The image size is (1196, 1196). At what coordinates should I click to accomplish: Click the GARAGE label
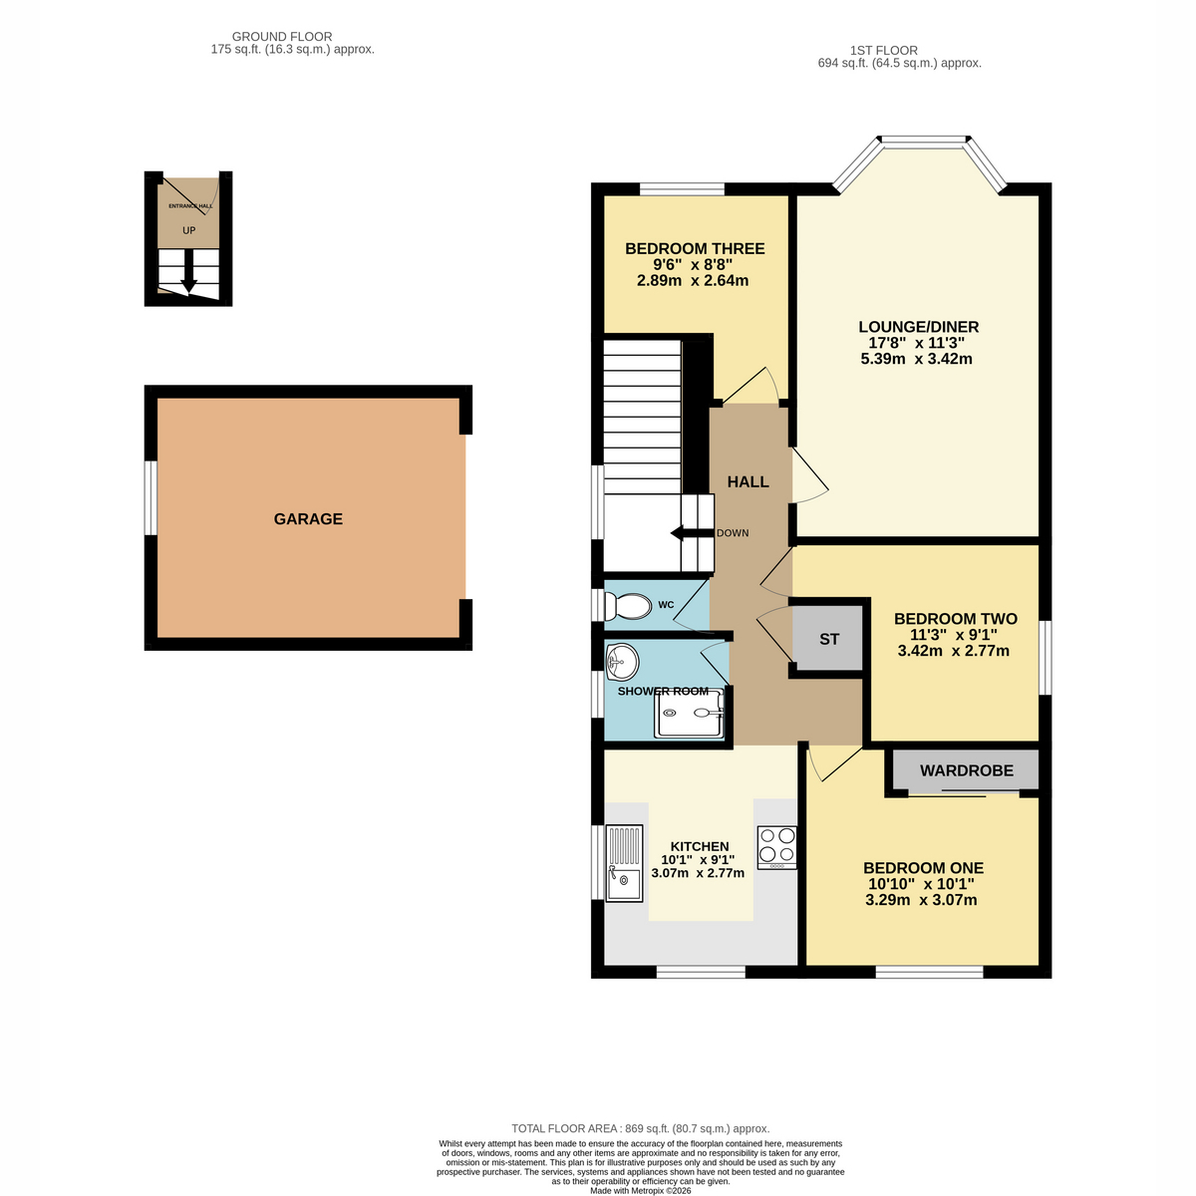click(x=308, y=519)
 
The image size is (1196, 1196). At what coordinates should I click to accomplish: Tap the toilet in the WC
click(x=628, y=606)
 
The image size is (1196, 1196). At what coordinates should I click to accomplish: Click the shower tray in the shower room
click(x=689, y=713)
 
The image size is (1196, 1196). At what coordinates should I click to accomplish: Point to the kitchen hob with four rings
click(x=777, y=847)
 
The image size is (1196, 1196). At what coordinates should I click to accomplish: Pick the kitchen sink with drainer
click(x=624, y=863)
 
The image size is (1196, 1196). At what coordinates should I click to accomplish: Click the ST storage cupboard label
click(x=829, y=639)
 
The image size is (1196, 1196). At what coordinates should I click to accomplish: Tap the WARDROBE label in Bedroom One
click(x=967, y=770)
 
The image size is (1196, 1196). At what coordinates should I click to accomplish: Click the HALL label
click(x=747, y=481)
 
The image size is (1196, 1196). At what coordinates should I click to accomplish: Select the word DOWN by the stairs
click(x=733, y=533)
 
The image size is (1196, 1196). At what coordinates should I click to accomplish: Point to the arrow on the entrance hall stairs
click(x=188, y=272)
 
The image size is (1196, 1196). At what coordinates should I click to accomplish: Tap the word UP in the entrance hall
click(x=188, y=230)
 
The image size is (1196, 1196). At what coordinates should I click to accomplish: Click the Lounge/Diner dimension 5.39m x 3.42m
click(x=916, y=359)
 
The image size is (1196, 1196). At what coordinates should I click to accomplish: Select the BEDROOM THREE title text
click(x=695, y=249)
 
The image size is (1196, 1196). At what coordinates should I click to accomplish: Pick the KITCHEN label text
click(x=700, y=846)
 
